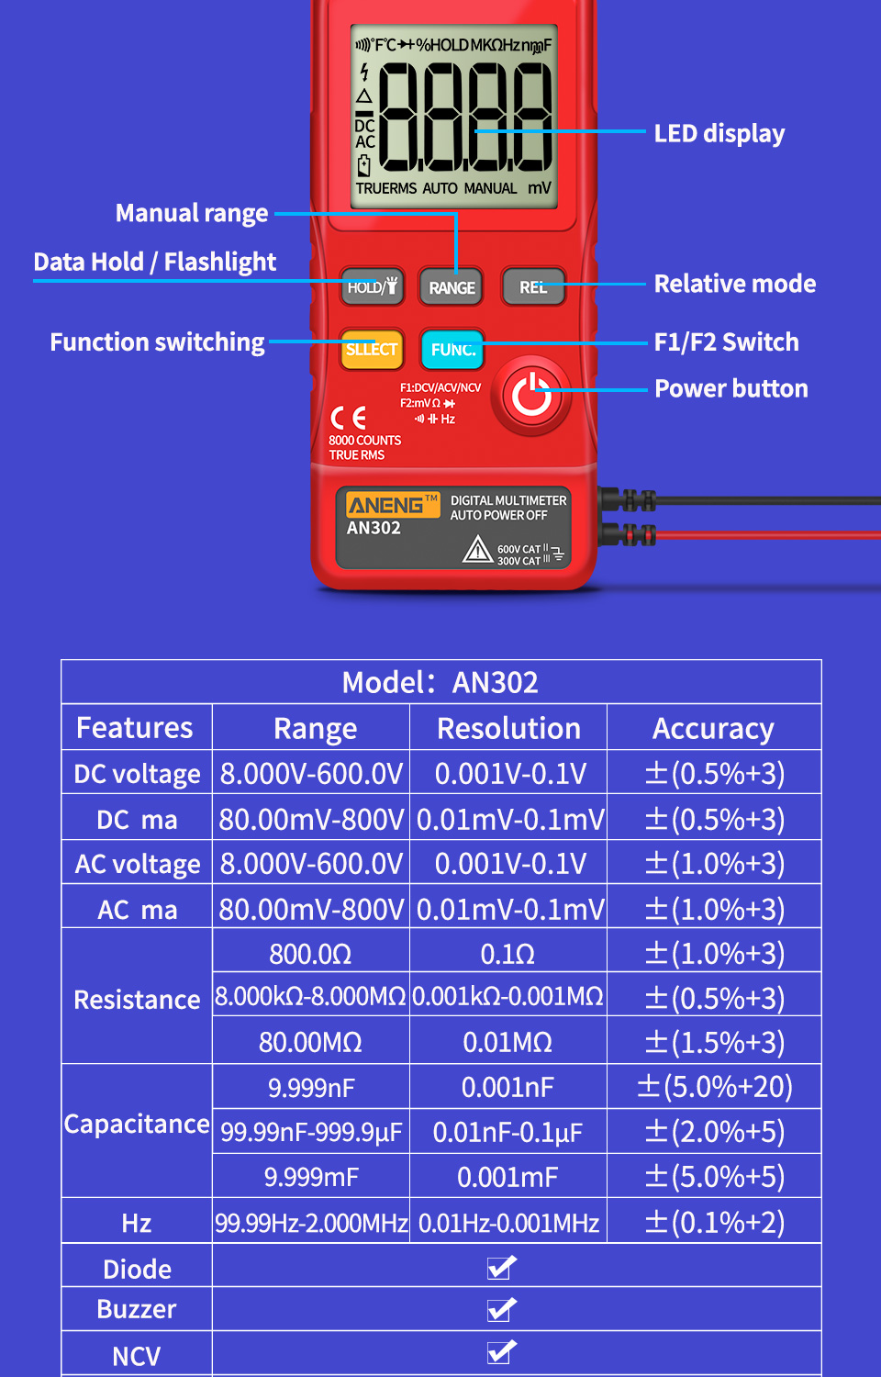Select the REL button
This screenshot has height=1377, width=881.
533,287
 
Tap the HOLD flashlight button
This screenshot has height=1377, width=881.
372,287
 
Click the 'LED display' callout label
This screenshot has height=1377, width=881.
719,134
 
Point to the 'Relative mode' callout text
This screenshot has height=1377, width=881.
734,284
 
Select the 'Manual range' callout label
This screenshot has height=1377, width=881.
192,214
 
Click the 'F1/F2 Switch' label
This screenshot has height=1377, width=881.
726,342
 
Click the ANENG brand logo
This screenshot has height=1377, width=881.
386,505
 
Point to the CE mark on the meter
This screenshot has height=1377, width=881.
348,419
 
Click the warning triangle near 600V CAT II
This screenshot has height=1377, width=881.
477,550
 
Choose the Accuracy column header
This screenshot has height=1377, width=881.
713,729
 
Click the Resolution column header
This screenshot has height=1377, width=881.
508,729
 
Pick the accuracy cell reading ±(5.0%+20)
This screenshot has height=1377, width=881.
714,1087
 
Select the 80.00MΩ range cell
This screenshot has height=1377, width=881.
310,1043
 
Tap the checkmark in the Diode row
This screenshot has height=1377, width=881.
501,1268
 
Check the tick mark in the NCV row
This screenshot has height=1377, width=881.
501,1352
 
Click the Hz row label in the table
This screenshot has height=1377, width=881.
136,1223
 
